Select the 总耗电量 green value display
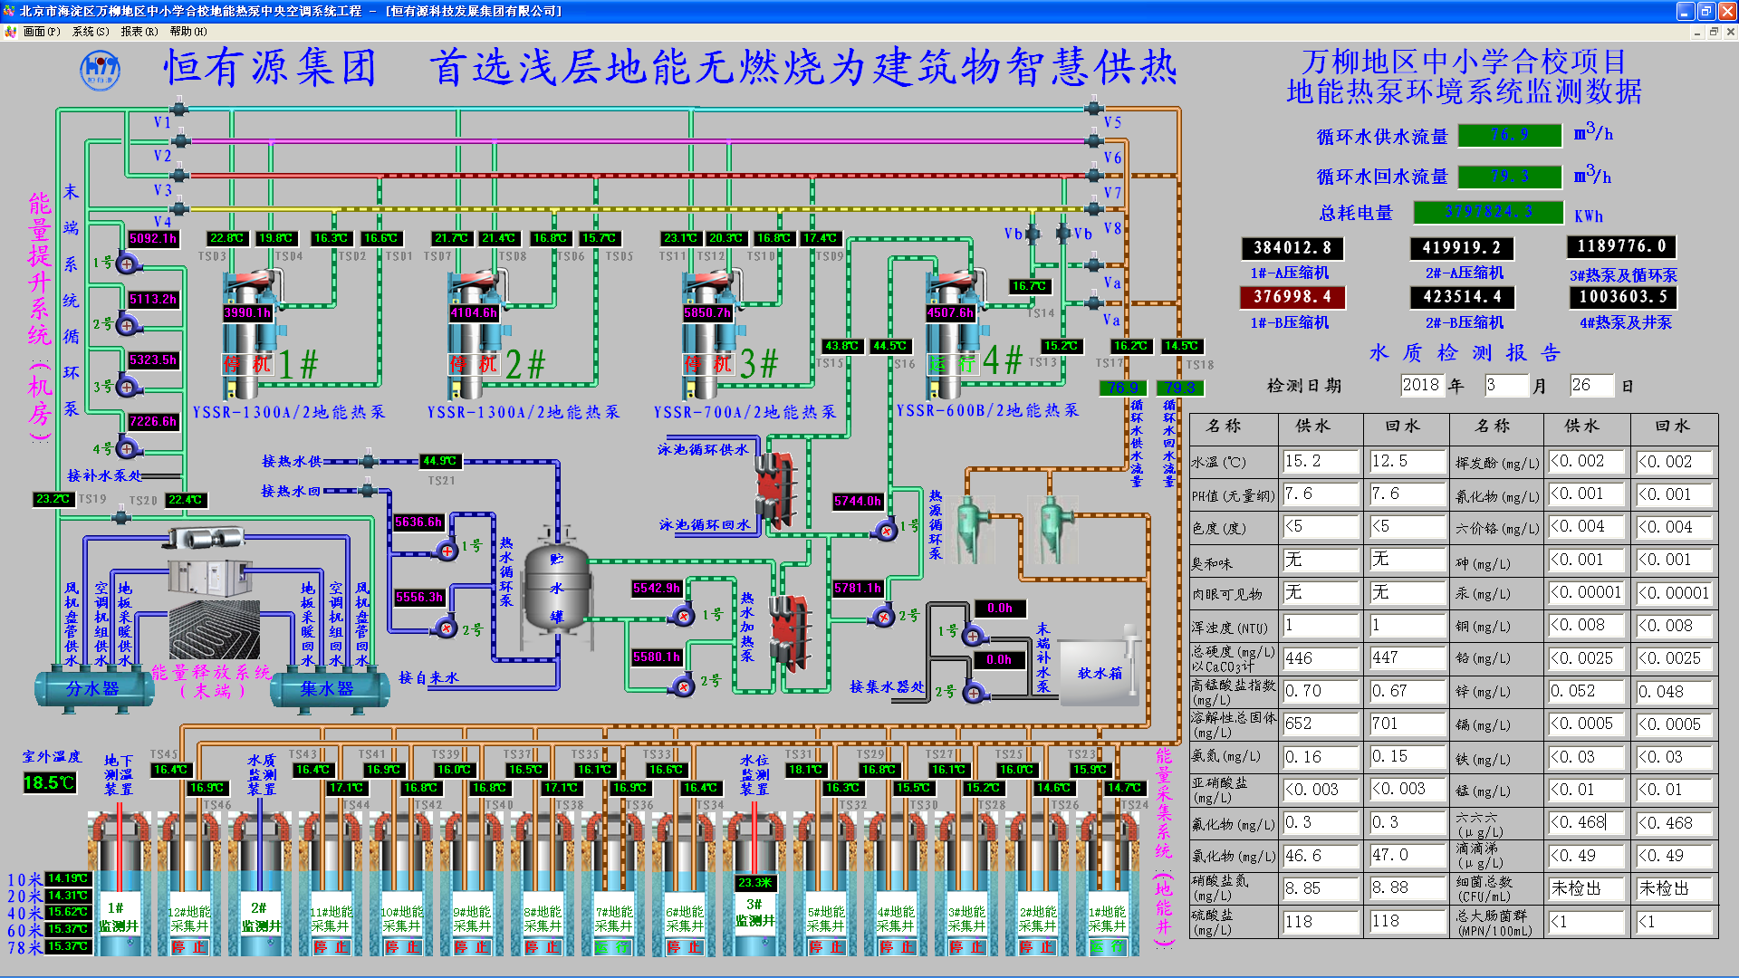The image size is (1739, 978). coord(1488,212)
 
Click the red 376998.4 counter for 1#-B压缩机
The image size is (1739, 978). coord(1292,297)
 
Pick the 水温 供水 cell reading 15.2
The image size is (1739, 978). coord(1320,462)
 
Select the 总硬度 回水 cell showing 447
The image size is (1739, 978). coord(1406,658)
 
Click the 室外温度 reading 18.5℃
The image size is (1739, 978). coord(49,782)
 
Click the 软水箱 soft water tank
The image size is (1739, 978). coord(1099,672)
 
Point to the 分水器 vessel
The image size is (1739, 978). coord(92,689)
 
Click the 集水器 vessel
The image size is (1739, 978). coord(327,689)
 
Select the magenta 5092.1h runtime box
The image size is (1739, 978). coord(153,239)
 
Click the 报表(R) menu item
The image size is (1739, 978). coord(139,32)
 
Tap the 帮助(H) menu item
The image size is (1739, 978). coord(187,32)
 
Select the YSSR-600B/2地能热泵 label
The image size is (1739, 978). coord(987,411)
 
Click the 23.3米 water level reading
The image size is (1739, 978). coord(754,883)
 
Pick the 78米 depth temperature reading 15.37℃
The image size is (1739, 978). coord(68,947)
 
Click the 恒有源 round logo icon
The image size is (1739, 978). coord(100,70)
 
